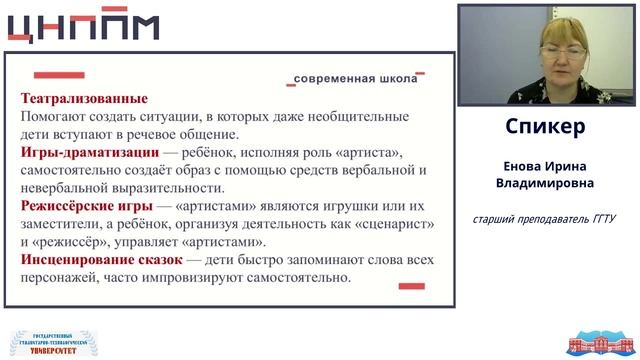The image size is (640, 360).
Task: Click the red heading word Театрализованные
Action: click(84, 99)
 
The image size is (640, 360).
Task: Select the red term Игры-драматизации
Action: click(89, 153)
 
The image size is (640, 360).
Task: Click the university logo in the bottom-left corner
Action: click(47, 342)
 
